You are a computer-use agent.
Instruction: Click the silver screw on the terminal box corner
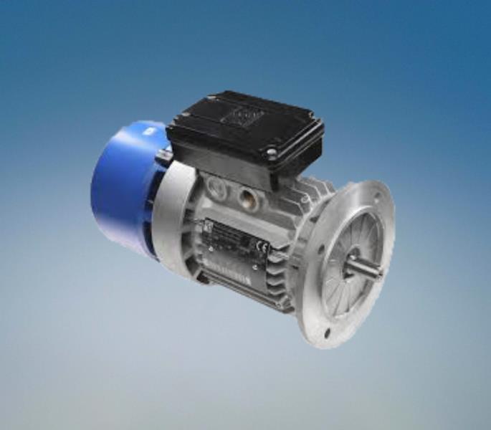click(271, 153)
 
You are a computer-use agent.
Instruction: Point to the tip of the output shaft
click(378, 272)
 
